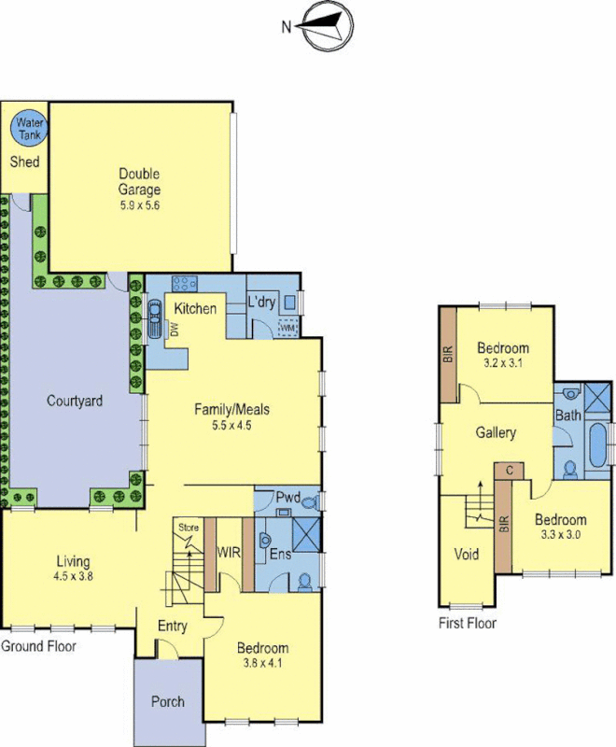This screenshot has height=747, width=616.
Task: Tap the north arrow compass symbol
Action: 322,25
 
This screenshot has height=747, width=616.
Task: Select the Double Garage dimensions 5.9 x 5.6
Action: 139,206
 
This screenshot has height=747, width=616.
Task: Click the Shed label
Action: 24,162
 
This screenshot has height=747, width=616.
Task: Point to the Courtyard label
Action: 75,401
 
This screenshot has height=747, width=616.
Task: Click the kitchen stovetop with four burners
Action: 184,286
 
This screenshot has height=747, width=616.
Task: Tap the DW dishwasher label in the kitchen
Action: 173,329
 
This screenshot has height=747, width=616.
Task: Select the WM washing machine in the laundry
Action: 287,328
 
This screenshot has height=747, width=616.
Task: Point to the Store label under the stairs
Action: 189,529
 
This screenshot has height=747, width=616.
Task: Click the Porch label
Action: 168,701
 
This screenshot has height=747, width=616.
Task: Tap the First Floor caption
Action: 468,623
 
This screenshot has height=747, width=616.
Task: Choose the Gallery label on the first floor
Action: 496,433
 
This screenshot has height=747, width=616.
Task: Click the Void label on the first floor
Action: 466,555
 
